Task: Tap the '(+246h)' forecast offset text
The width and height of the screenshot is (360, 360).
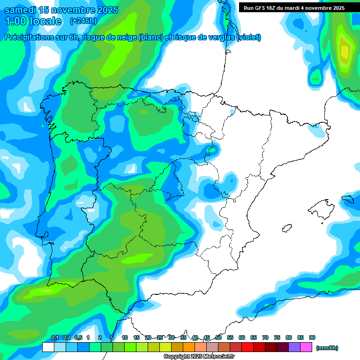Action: (x=83, y=21)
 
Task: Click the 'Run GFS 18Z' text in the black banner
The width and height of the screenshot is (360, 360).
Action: (x=260, y=7)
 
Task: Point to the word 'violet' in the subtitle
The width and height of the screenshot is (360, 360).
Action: (x=248, y=37)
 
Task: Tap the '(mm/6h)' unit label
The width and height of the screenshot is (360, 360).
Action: (x=327, y=348)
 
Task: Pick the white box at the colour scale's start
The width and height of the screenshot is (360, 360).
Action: (x=48, y=347)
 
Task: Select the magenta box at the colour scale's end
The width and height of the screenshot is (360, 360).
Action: (x=306, y=347)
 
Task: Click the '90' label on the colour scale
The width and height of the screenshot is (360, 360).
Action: (x=312, y=337)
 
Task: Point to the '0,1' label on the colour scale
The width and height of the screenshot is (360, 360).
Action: (x=54, y=337)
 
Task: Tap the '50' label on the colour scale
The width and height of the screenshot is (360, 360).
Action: (x=218, y=337)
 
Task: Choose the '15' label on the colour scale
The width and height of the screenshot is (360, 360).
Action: (x=136, y=337)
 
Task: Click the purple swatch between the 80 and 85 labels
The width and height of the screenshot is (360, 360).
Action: (x=294, y=347)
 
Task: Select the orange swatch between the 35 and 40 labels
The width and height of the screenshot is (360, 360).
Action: (x=189, y=347)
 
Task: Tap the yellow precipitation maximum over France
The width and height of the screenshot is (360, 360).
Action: (x=345, y=51)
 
